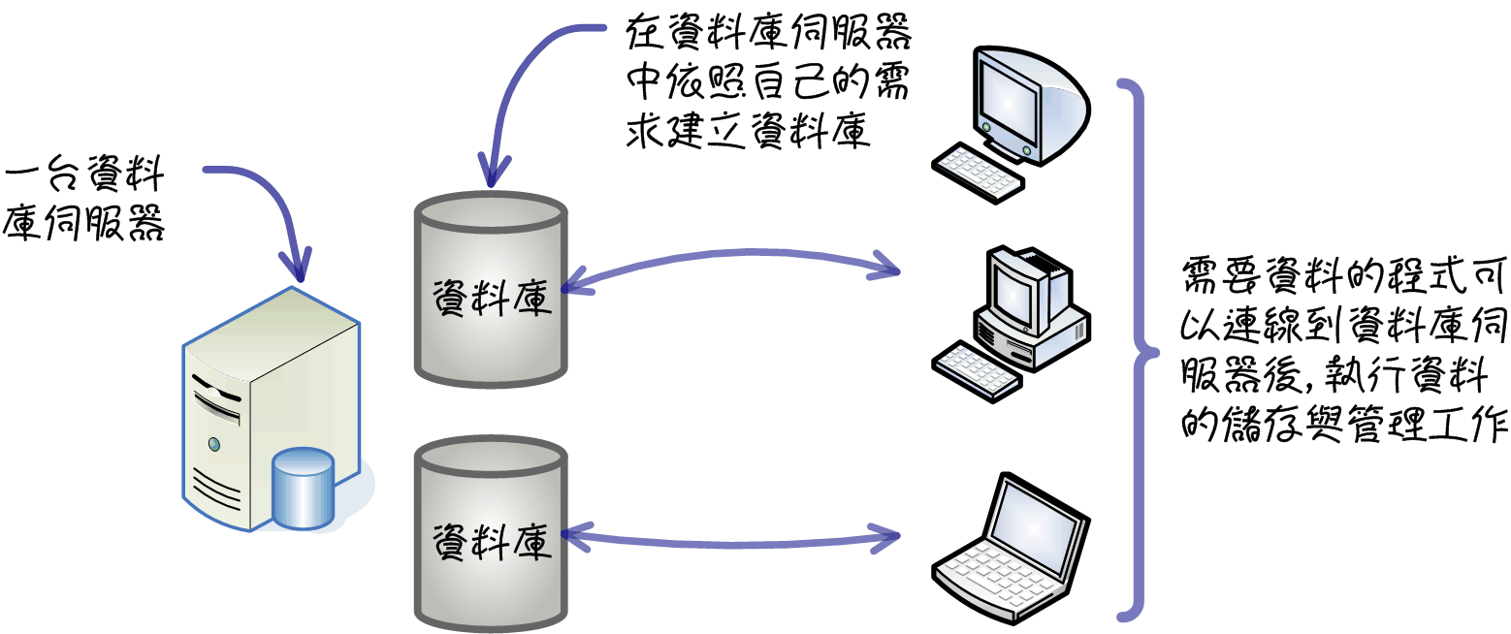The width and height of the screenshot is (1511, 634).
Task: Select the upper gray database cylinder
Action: point(491,290)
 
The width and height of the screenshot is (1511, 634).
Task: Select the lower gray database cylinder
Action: point(491,534)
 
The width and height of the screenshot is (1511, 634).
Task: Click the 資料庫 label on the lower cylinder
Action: point(492,541)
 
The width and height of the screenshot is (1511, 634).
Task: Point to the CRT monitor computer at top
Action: point(1011,125)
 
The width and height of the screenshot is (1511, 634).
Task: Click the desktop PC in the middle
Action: point(1011,324)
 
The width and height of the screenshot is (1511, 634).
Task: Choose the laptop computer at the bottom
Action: point(1011,548)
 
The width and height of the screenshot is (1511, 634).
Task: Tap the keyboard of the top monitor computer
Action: point(978,172)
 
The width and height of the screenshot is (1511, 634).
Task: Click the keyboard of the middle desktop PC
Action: point(976,372)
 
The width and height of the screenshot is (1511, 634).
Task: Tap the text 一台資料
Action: point(84,174)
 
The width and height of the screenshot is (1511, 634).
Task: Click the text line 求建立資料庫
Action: point(748,130)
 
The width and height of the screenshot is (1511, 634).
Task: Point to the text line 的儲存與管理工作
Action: point(1344,424)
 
